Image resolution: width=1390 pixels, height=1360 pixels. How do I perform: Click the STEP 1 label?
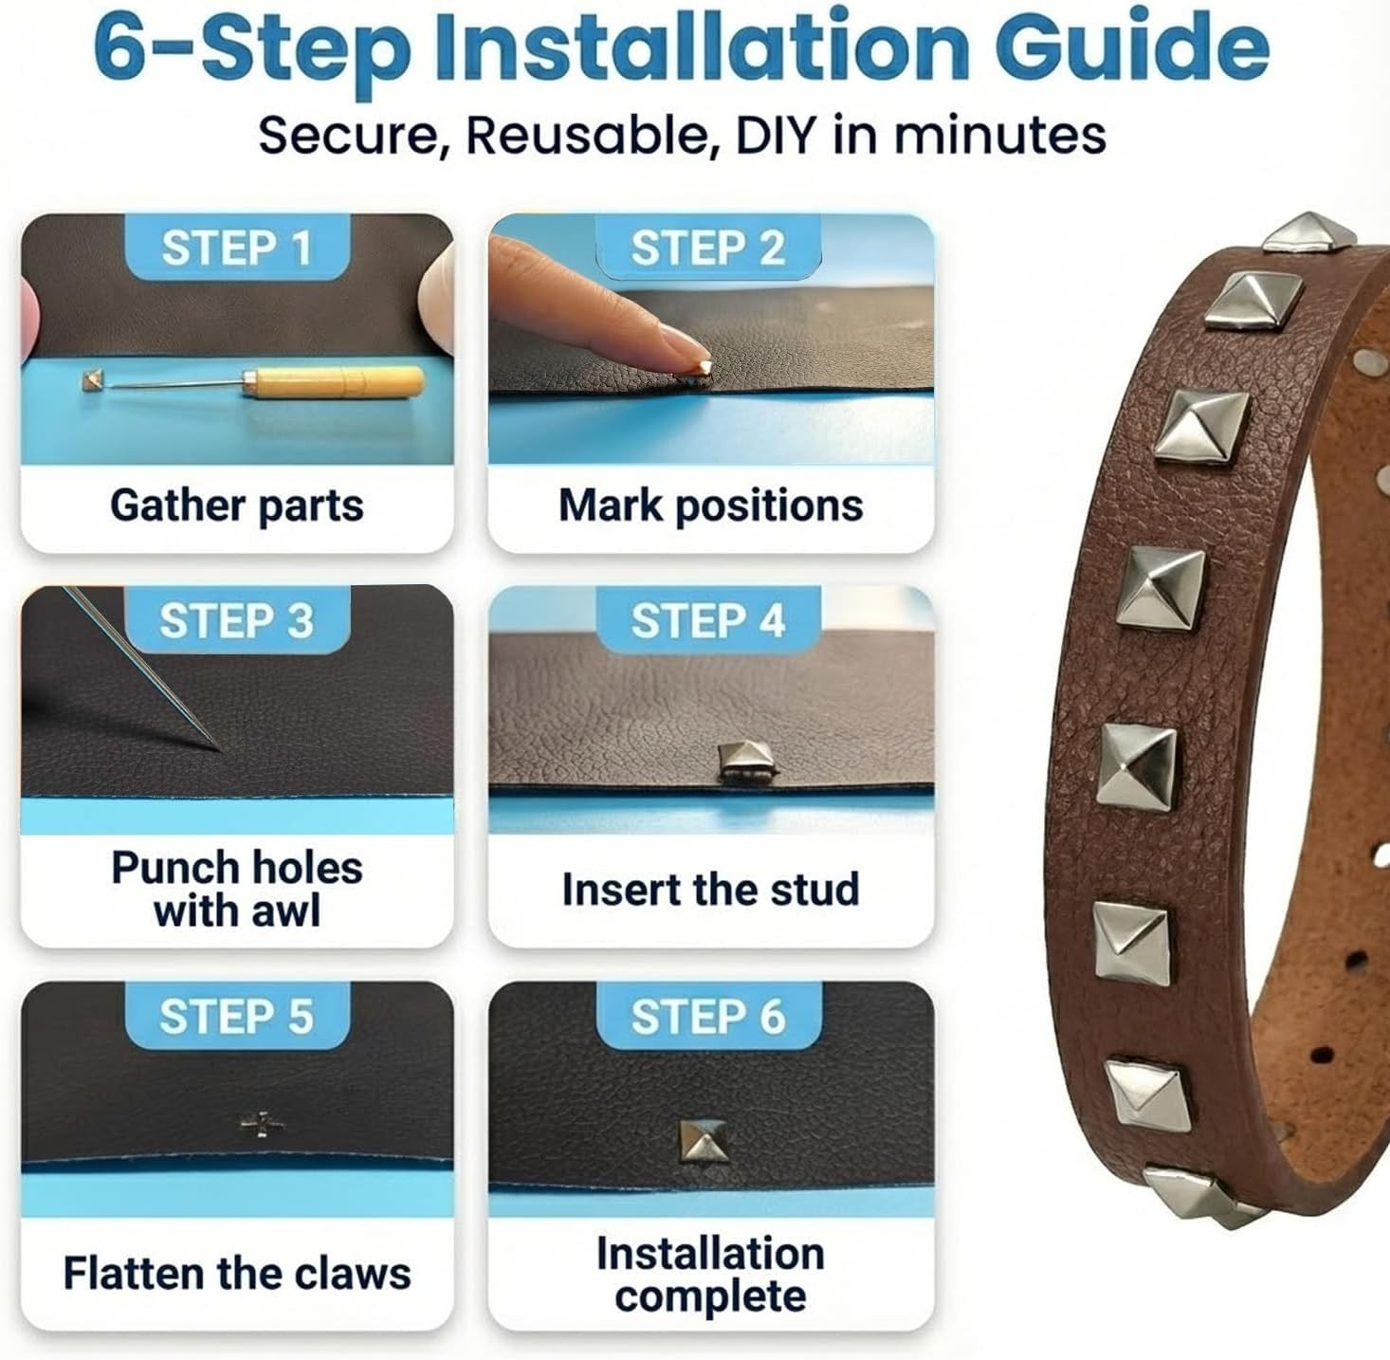(237, 248)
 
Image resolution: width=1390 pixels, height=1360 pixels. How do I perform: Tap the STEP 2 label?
(708, 248)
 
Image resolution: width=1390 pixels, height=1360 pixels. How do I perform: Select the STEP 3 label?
(237, 620)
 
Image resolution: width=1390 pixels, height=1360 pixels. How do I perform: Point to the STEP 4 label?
(708, 620)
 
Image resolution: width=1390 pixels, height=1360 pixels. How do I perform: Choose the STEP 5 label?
(237, 1016)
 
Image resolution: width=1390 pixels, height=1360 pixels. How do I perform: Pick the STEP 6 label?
(708, 1016)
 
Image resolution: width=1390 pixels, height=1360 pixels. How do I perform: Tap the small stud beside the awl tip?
(93, 380)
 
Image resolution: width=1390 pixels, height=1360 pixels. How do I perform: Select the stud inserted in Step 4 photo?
(745, 761)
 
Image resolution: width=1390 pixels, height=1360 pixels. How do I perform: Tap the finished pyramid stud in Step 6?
(703, 1141)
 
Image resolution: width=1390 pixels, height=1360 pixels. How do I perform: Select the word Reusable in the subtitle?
(593, 135)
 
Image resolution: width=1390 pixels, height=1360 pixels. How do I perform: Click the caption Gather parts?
(237, 506)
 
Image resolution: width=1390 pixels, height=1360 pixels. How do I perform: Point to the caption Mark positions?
(711, 506)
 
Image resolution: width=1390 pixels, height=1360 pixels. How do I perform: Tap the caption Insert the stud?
(711, 890)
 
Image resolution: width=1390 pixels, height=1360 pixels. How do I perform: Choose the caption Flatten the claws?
(237, 1273)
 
